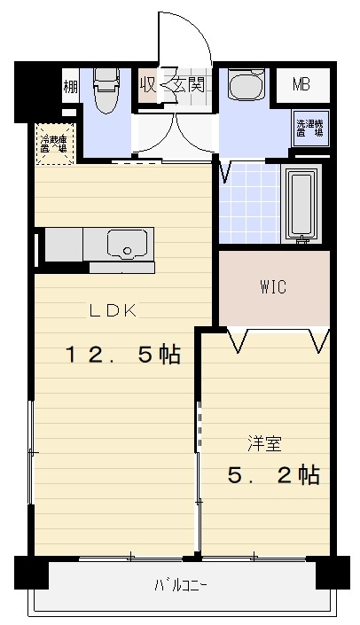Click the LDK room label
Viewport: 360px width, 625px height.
(112, 310)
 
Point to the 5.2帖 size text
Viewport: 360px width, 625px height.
(273, 474)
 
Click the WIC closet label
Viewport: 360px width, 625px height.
(273, 288)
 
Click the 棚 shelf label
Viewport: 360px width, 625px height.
(70, 87)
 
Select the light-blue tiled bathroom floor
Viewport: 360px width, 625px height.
(248, 204)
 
